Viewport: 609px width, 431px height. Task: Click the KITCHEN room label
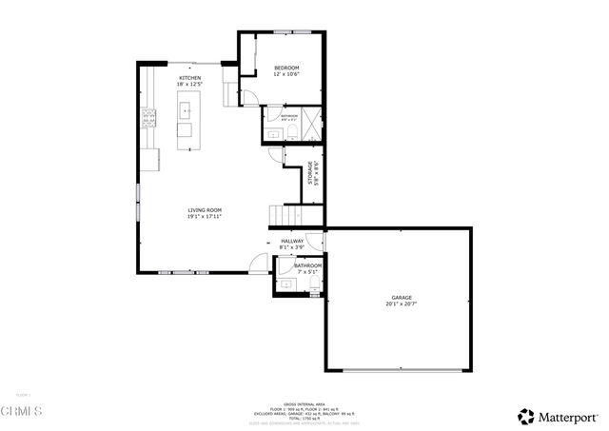pyautogui.click(x=190, y=78)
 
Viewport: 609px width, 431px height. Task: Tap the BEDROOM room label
pyautogui.click(x=286, y=69)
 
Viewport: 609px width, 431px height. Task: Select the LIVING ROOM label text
pyautogui.click(x=204, y=209)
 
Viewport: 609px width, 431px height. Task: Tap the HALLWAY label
pyautogui.click(x=291, y=242)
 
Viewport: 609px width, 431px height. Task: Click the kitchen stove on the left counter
pyautogui.click(x=148, y=119)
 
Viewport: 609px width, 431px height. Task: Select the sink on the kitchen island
pyautogui.click(x=186, y=110)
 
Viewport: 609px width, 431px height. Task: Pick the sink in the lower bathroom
pyautogui.click(x=285, y=283)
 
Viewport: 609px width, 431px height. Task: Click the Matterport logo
pyautogui.click(x=559, y=416)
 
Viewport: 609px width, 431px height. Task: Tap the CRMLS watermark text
pyautogui.click(x=21, y=411)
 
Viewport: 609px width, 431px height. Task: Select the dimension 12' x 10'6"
pyautogui.click(x=286, y=75)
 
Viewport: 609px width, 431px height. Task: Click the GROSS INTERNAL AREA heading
pyautogui.click(x=304, y=404)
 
